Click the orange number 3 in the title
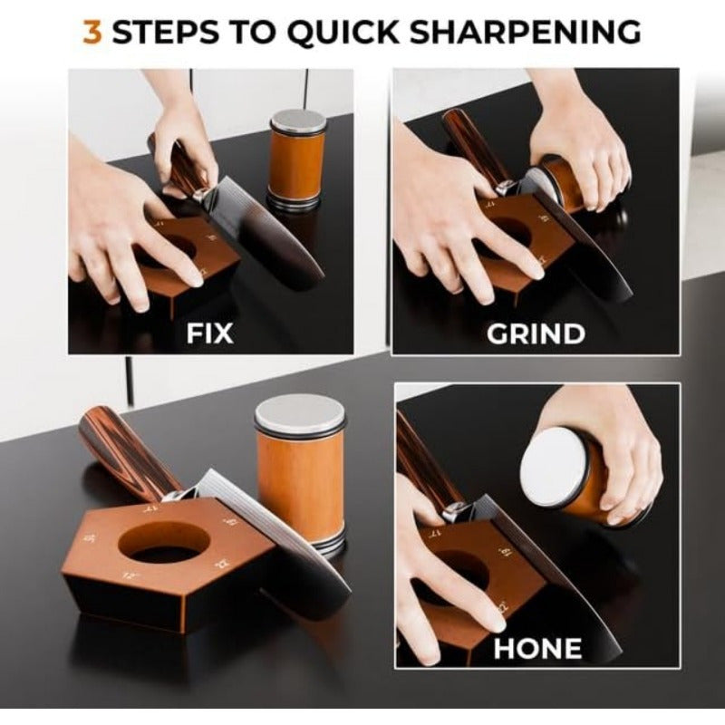tap(92, 32)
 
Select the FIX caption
tap(209, 333)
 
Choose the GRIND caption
tap(536, 333)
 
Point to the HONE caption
tap(537, 647)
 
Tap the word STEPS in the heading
tap(170, 32)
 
